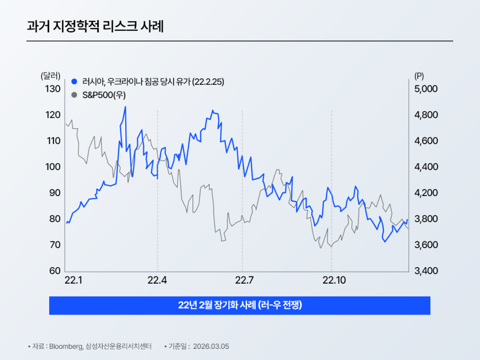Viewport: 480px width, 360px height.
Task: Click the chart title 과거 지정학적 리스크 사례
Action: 95,26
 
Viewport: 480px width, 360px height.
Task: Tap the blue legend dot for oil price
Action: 74,81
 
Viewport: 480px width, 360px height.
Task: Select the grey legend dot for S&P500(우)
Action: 74,95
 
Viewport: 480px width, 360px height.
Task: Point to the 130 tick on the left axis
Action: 52,89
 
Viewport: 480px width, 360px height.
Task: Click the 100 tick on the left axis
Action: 52,167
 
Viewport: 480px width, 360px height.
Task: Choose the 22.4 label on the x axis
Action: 157,281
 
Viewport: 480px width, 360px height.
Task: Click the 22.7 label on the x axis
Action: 242,281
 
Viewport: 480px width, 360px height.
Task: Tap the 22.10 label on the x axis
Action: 331,281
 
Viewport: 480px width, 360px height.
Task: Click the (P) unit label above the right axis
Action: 419,75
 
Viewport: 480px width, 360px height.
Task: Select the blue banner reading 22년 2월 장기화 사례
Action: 240,306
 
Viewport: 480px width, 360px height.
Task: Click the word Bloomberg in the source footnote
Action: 66,346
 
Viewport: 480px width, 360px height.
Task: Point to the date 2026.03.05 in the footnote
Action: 211,346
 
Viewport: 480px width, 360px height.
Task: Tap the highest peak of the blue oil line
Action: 125,107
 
